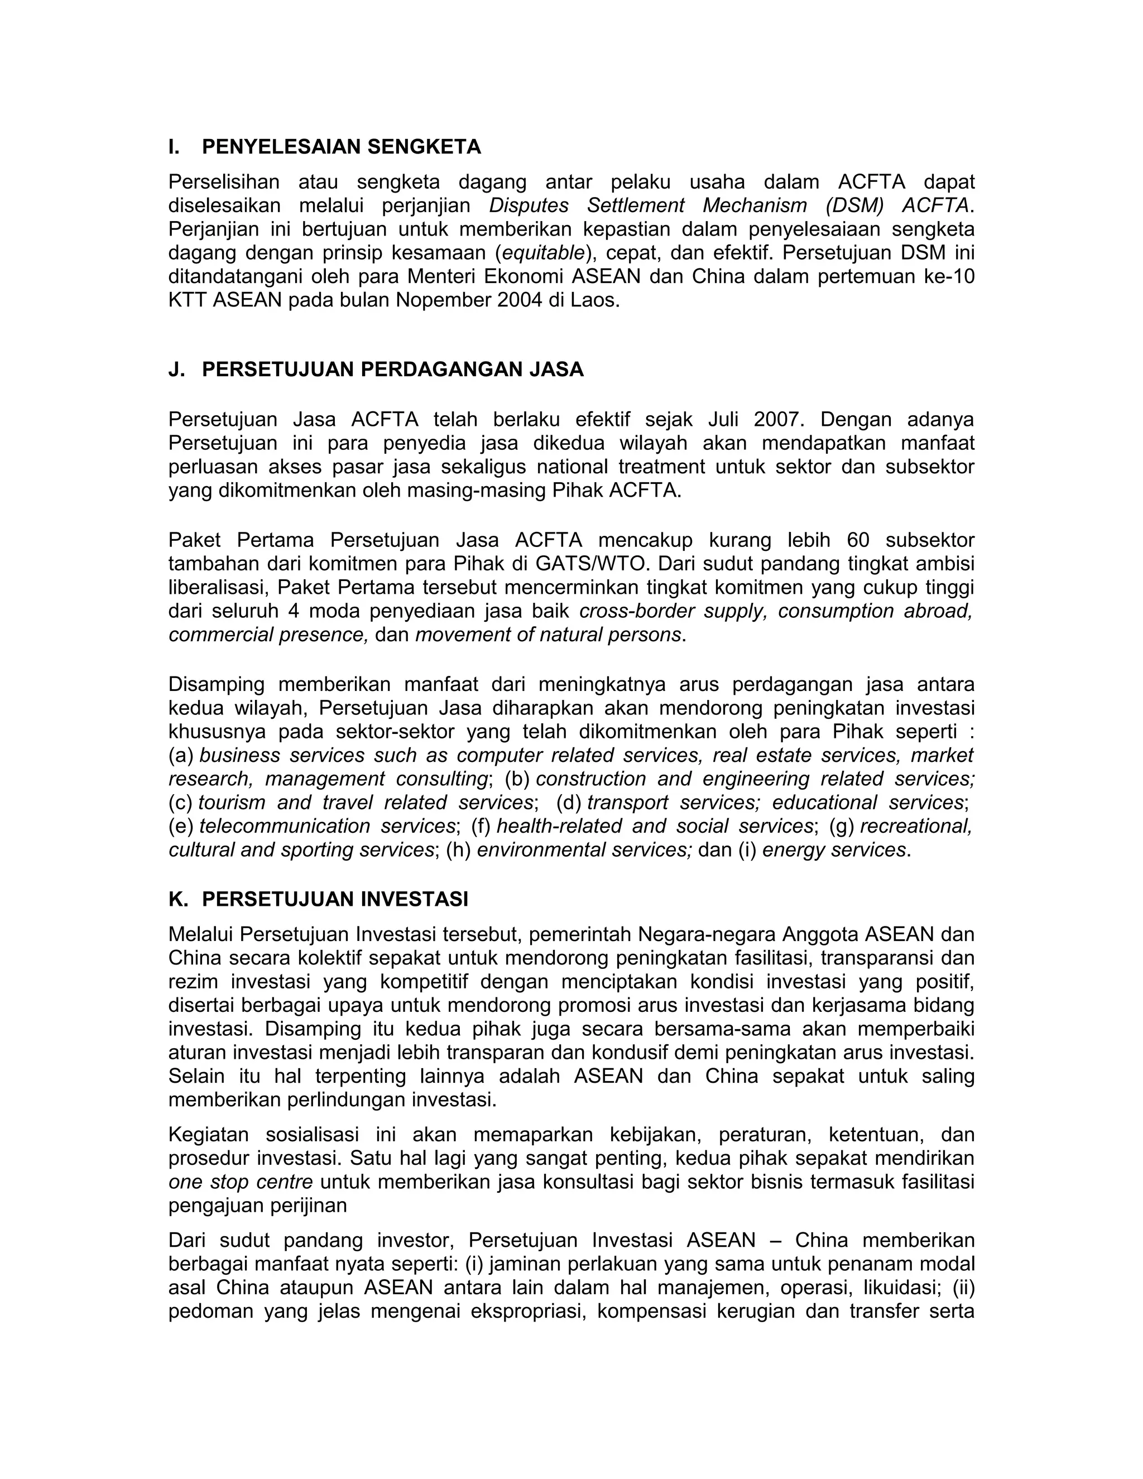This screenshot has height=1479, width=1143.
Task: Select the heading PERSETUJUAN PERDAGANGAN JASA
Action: [393, 369]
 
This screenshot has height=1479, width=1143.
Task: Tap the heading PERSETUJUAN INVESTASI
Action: [335, 899]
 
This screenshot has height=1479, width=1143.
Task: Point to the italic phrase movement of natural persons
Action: [548, 635]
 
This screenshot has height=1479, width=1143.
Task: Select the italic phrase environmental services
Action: [584, 849]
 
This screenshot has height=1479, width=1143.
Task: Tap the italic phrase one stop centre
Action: [241, 1182]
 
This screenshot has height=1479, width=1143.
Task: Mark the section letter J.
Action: [175, 369]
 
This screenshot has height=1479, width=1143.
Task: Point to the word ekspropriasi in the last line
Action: [527, 1311]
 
